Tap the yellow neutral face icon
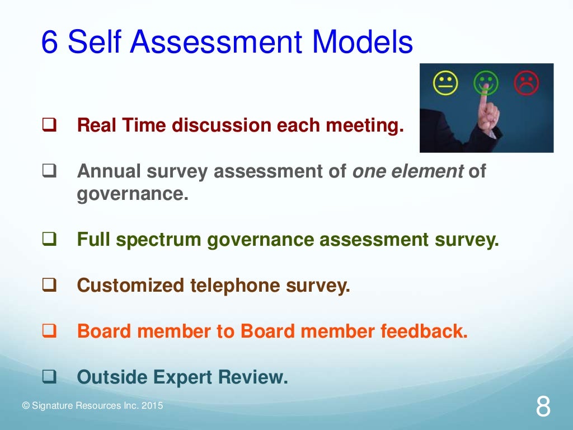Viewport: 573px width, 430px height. (446, 84)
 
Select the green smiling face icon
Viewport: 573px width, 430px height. (485, 84)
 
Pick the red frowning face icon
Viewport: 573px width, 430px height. (526, 84)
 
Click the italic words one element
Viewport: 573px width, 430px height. (407, 171)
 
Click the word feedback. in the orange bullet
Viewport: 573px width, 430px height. (424, 331)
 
